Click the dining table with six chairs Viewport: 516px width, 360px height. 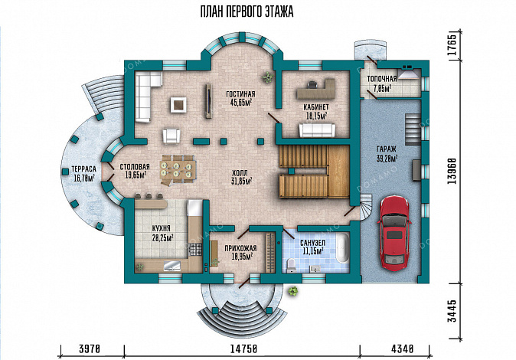[178, 168]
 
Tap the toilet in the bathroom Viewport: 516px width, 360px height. [290, 265]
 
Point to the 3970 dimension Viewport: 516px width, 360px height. [90, 350]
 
